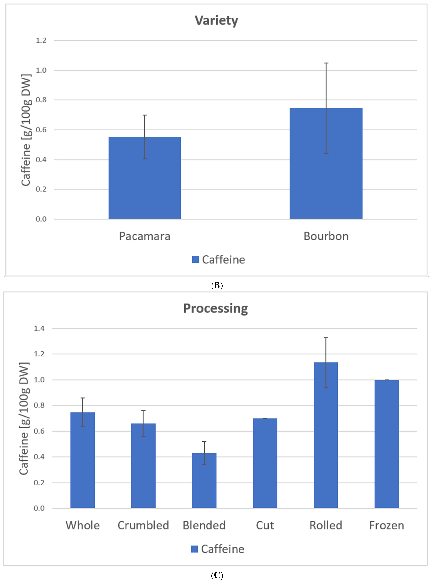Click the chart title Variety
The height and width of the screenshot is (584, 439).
(216, 21)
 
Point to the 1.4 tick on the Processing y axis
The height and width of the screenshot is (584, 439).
(39, 328)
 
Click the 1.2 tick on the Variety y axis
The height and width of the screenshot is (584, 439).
(41, 40)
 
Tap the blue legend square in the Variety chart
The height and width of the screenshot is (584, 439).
(195, 260)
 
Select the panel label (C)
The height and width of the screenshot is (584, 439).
(217, 575)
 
